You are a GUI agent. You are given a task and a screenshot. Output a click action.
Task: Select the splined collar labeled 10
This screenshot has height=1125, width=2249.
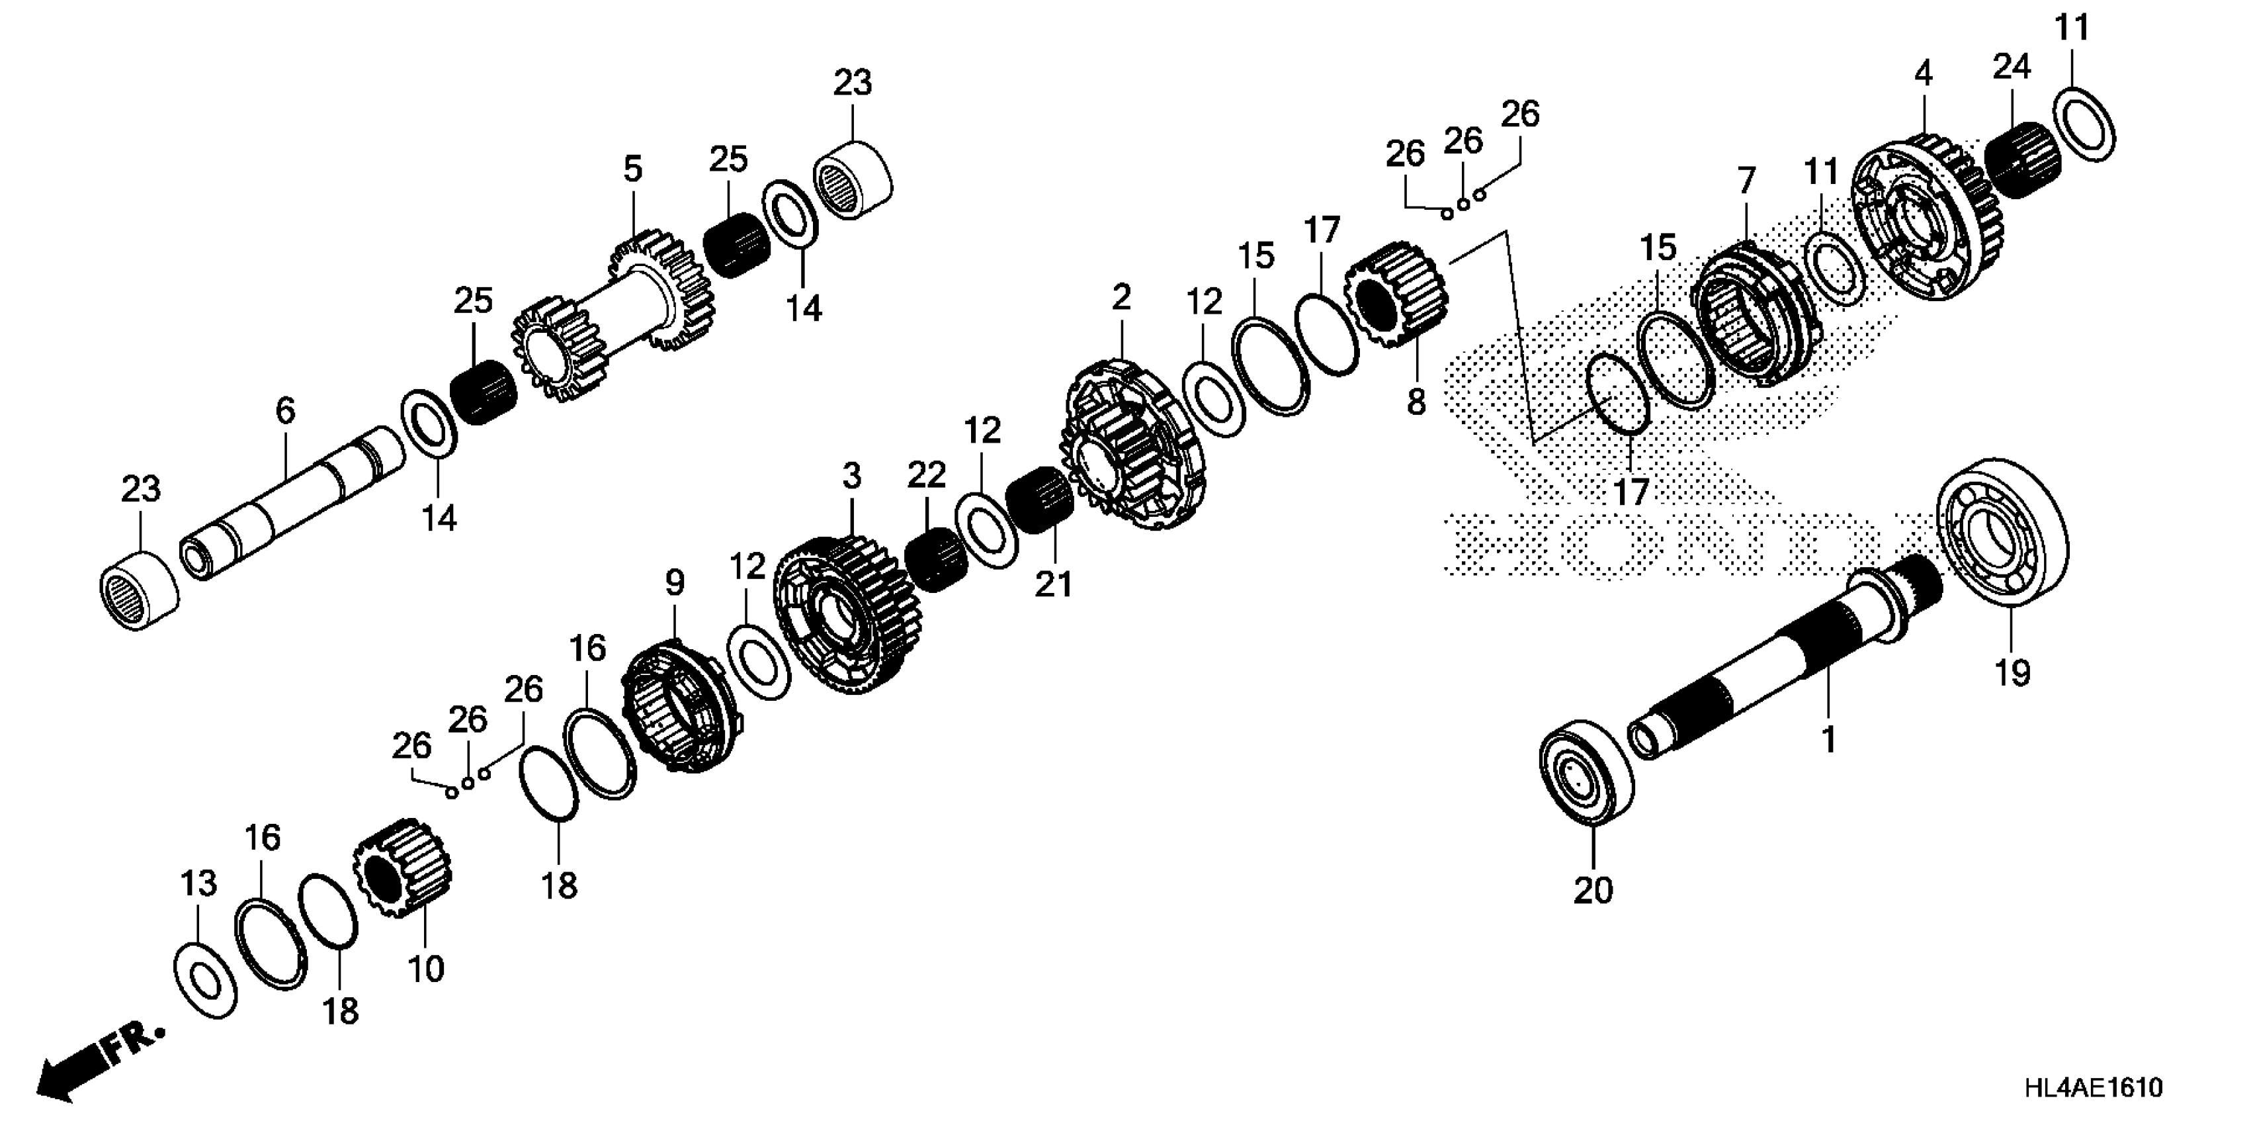[x=402, y=869]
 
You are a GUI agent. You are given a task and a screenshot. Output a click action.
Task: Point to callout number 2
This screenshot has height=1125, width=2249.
[x=1121, y=297]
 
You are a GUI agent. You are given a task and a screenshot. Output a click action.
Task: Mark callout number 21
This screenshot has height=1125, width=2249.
[x=1053, y=584]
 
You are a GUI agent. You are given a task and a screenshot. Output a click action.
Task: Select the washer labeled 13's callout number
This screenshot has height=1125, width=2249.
[x=198, y=883]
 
